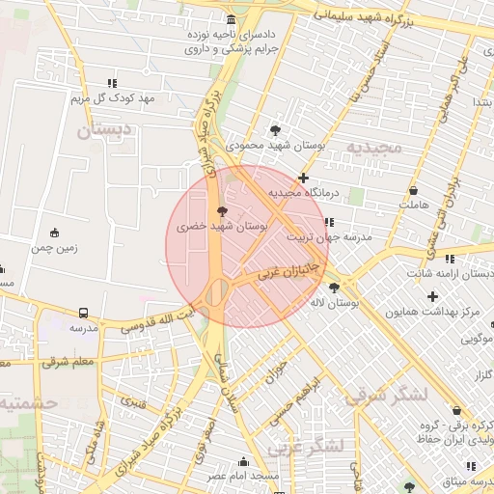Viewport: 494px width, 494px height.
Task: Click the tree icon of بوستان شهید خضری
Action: point(223,210)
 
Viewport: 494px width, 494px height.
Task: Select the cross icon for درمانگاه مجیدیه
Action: point(304,178)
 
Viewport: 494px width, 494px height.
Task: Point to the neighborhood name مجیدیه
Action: point(373,148)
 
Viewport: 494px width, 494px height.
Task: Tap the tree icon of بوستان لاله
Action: point(334,288)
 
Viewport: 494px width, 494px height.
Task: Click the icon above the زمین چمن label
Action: point(54,233)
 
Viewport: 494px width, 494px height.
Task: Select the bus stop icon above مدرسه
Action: point(84,313)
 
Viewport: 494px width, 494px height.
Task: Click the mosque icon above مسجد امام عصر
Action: point(242,461)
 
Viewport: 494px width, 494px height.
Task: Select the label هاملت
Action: point(412,206)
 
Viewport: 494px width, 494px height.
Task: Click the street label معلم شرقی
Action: point(68,362)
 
